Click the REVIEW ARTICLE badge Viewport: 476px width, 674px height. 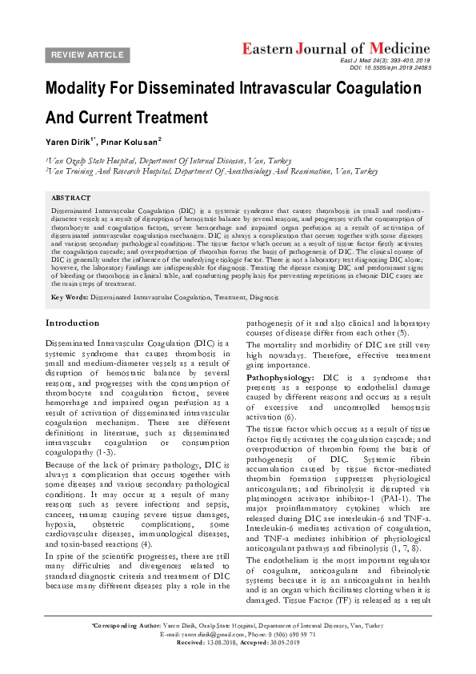tap(88, 55)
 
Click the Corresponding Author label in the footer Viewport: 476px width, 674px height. tap(127, 646)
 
